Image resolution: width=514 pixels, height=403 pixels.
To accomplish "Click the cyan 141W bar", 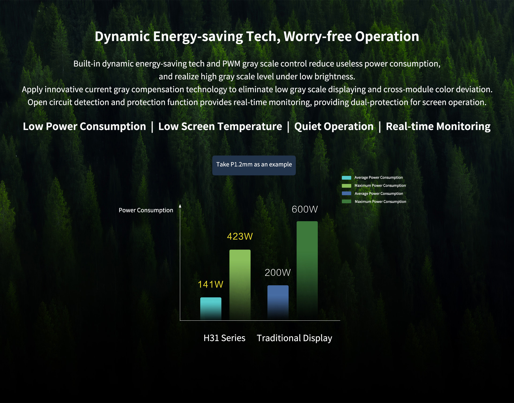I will (211, 308).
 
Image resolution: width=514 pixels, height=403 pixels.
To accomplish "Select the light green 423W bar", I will (240, 284).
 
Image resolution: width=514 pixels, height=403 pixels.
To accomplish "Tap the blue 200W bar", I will (278, 302).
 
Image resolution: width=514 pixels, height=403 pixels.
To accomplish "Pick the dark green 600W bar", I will (307, 270).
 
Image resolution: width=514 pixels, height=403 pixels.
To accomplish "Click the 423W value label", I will (240, 236).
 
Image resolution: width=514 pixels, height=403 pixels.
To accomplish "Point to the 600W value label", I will (305, 209).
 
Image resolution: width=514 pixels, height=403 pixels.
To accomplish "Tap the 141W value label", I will (210, 284).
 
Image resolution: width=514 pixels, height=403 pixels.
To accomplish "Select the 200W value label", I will (278, 272).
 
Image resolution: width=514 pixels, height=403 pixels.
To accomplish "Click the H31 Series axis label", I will (224, 338).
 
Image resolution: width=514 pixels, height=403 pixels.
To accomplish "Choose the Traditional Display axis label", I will (294, 338).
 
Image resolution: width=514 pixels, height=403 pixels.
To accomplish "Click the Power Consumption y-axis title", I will (146, 210).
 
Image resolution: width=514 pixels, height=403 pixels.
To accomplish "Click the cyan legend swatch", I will (346, 178).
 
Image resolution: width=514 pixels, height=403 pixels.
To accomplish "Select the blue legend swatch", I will (346, 193).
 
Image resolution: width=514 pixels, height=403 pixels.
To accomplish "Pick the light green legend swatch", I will (346, 186).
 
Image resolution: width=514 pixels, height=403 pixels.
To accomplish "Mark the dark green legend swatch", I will (346, 201).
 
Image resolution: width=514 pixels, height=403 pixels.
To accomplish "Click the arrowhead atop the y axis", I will (180, 206).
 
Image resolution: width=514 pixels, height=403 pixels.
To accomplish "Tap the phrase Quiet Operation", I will (334, 126).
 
